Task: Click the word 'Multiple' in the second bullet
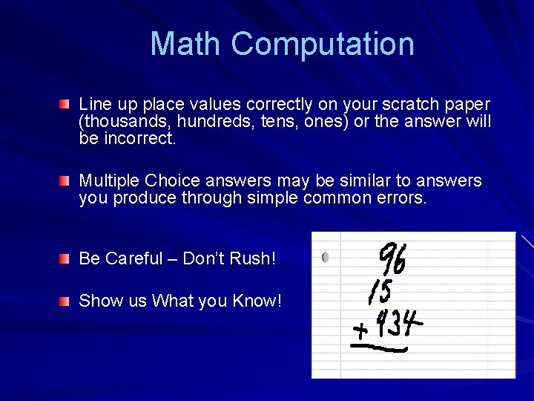[109, 180]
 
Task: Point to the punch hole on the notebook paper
[326, 258]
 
